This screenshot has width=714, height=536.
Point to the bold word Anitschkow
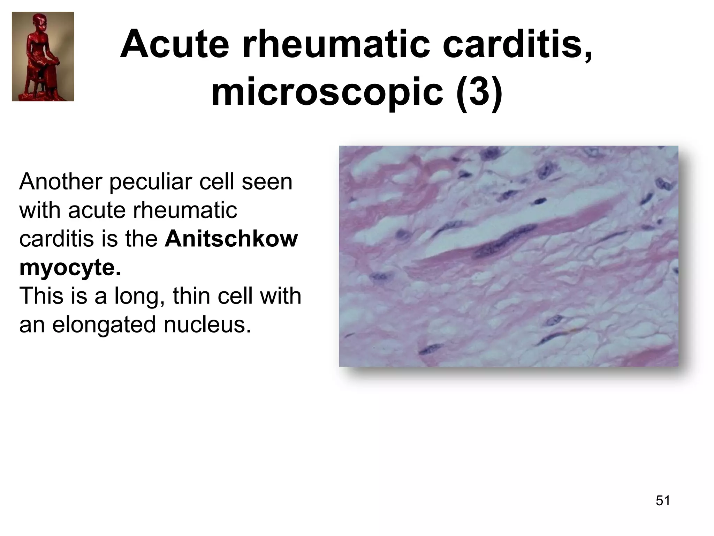point(231,239)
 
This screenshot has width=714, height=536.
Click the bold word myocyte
point(70,268)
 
